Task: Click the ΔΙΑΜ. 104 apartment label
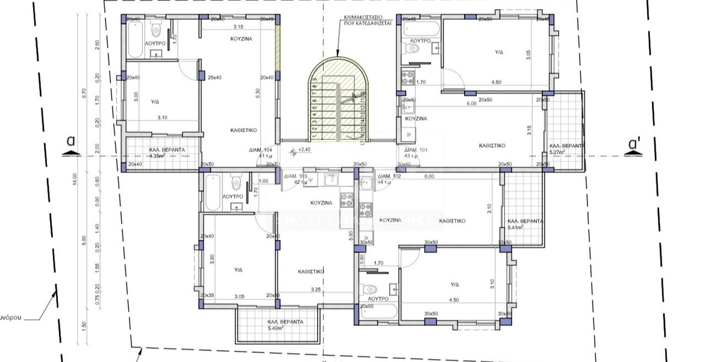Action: pos(260,149)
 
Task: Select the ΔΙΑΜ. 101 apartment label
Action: pos(415,149)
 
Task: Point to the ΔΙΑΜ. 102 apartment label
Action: pos(389,176)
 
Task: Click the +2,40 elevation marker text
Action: pos(304,150)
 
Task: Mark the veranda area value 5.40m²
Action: pos(285,329)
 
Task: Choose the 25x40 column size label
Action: pos(215,78)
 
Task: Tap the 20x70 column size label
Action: pos(272,164)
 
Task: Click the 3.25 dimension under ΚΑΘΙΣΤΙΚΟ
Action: pos(316,290)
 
